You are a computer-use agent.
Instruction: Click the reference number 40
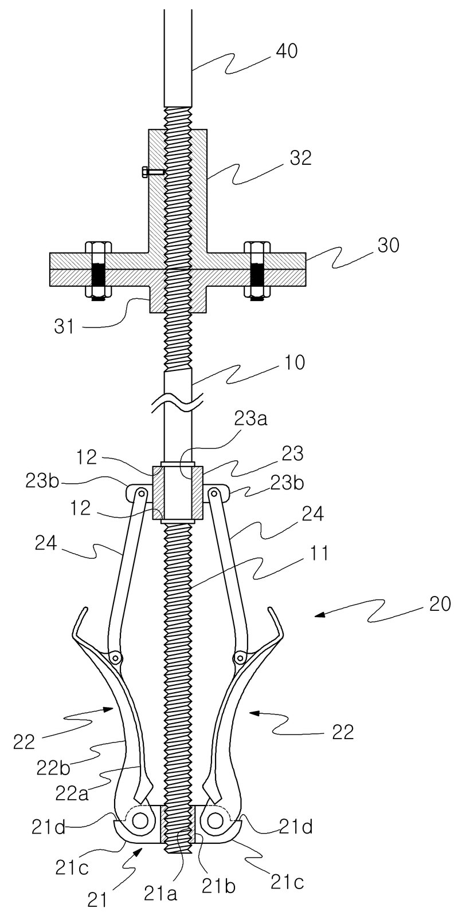click(287, 52)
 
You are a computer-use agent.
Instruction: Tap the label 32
click(300, 158)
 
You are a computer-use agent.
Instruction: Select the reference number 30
click(388, 246)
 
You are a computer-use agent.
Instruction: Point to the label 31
click(64, 327)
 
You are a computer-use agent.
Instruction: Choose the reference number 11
click(317, 554)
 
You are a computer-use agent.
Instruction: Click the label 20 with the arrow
click(440, 604)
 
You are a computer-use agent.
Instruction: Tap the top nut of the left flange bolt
click(98, 248)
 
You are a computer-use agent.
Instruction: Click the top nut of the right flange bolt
click(257, 248)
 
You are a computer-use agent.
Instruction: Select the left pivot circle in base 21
click(140, 832)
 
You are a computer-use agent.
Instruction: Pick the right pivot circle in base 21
click(214, 832)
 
